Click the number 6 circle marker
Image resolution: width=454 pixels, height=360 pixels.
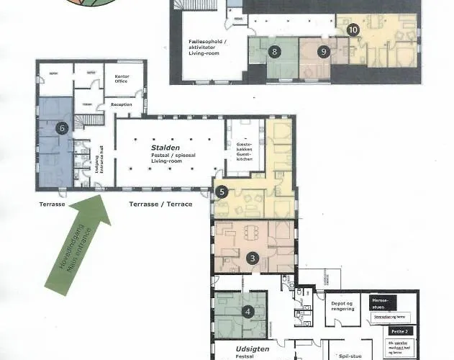63,128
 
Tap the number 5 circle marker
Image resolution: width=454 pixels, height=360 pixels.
222,192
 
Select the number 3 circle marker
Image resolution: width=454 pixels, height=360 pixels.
253,258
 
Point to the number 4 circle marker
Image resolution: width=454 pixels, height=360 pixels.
248,312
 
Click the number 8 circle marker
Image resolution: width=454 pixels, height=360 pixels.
274,52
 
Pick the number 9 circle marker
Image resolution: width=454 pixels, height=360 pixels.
324,52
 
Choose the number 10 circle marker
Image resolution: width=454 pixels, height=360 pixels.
352,30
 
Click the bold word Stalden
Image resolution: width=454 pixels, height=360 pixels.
165,145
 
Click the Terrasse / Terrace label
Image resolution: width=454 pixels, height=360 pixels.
160,205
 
